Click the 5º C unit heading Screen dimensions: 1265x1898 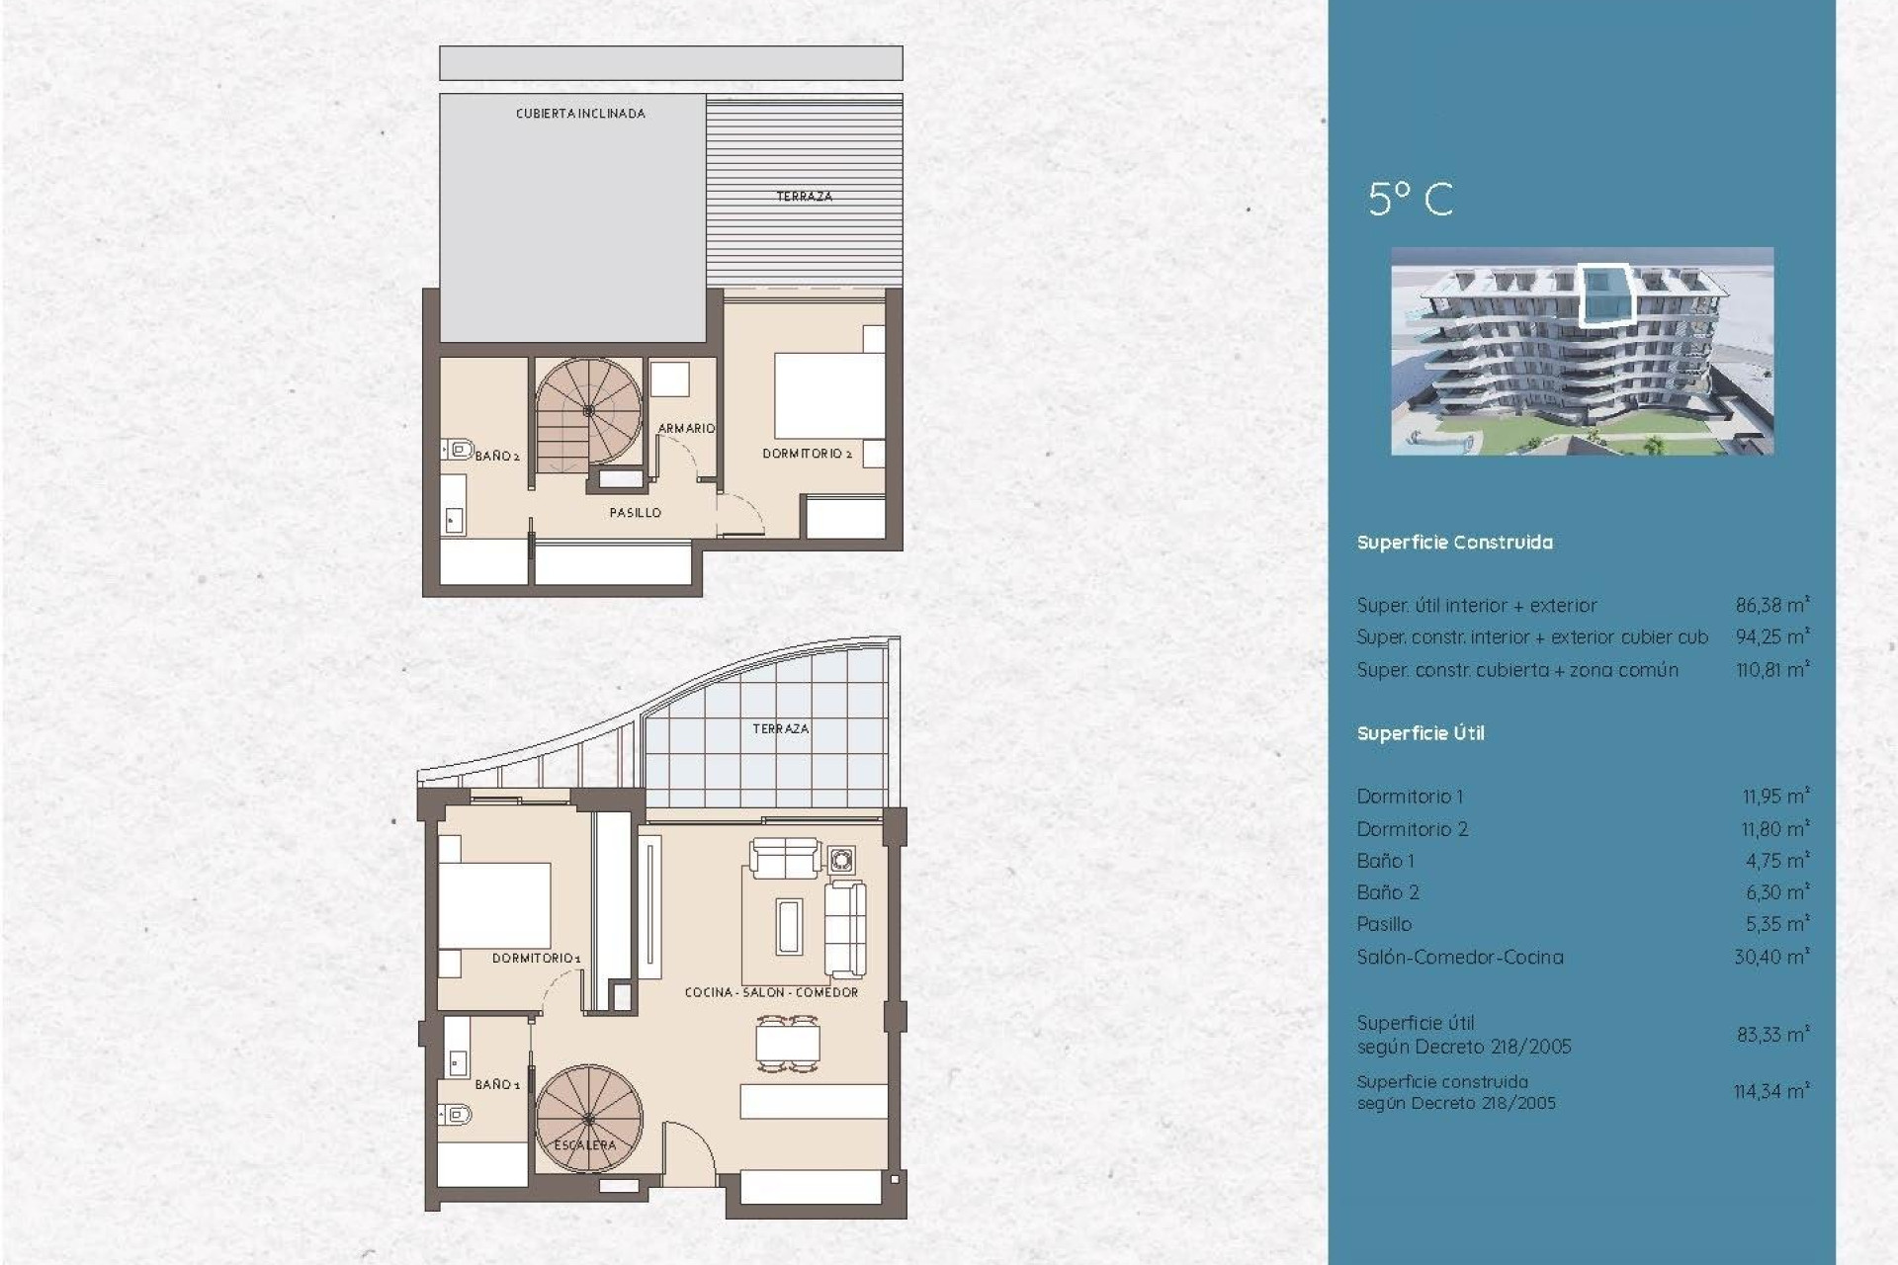tap(1411, 200)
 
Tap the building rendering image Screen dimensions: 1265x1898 tap(1582, 351)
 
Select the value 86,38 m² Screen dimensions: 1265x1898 tap(1771, 605)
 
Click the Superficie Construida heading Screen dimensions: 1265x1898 tap(1454, 543)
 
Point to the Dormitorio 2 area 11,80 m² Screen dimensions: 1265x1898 tap(1774, 829)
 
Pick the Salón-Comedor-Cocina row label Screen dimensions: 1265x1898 tap(1459, 957)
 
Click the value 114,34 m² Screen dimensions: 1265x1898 tap(1770, 1091)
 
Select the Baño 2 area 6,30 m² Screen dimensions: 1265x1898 tap(1776, 892)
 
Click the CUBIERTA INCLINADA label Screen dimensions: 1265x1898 tap(580, 114)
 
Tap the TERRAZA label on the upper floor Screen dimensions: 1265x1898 tap(804, 197)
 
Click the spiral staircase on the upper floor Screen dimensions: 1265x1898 tap(588, 411)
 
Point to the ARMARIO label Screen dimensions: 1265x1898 tap(686, 428)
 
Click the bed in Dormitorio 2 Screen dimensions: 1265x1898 tap(828, 395)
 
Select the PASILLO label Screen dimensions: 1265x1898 tap(635, 513)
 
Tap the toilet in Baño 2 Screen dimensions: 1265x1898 tap(457, 450)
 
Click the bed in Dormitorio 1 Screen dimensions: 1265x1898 tap(494, 905)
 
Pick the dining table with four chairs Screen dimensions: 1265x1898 tap(788, 1044)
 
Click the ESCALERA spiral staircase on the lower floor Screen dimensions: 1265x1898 tap(588, 1119)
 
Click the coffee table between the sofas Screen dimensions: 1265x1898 tap(788, 926)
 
